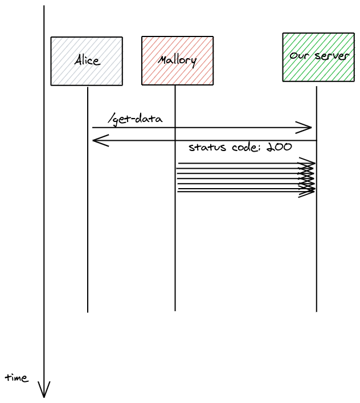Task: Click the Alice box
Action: point(87,61)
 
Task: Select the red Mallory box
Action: point(177,60)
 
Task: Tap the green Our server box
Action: point(318,57)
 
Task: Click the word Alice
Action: point(87,60)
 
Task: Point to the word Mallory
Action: point(177,60)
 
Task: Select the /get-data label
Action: point(136,119)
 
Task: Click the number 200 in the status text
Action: point(279,147)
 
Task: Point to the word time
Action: point(17,378)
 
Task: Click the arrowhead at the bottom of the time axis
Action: point(44,392)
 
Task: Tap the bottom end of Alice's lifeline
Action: point(88,311)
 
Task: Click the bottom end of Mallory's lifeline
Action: point(175,310)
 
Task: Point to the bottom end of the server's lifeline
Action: point(317,311)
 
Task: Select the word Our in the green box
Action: point(299,56)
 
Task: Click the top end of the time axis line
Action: point(44,7)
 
